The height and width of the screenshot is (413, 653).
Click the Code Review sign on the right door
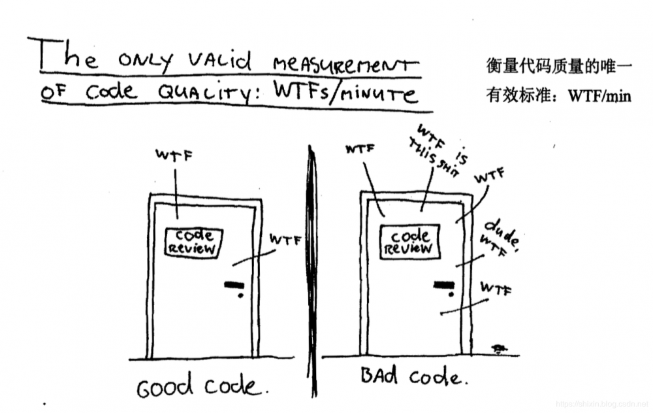point(410,242)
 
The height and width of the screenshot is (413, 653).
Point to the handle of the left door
point(233,286)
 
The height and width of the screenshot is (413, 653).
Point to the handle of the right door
point(445,286)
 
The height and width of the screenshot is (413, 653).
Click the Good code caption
point(202,387)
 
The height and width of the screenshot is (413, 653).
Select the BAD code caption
point(413,376)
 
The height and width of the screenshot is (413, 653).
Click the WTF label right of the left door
point(285,240)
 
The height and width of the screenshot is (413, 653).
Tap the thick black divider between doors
point(313,274)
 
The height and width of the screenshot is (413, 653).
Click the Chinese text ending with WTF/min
point(558,96)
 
